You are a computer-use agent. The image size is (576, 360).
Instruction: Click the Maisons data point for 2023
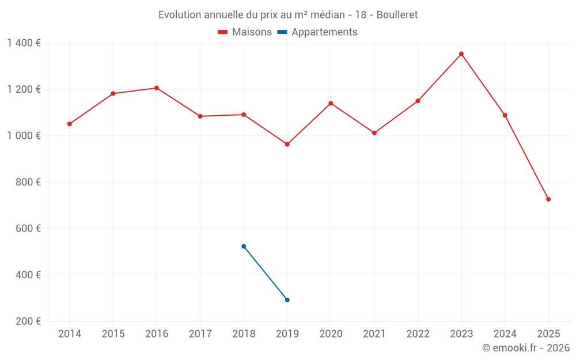tap(461, 54)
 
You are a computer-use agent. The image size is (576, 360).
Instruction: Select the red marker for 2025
tap(548, 199)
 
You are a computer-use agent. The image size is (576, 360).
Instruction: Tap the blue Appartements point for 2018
tap(244, 247)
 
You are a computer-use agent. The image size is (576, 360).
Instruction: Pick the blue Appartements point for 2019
tap(287, 300)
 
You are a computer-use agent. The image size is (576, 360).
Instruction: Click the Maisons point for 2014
tap(70, 124)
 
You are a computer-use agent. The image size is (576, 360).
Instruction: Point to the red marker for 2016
tap(157, 88)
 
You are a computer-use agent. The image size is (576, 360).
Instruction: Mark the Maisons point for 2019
tap(287, 144)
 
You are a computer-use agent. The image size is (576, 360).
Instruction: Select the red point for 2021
tap(374, 133)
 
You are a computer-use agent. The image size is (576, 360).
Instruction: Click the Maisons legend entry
tap(245, 32)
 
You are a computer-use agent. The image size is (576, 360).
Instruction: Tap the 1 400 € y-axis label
tap(24, 43)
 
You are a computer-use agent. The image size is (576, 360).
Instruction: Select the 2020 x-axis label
tap(331, 334)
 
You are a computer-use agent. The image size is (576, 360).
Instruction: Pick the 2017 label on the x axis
tap(200, 334)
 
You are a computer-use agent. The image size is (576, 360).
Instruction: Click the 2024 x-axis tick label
tap(505, 334)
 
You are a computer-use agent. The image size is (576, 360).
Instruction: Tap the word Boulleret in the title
tap(397, 14)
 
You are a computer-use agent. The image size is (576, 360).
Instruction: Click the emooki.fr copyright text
tap(525, 348)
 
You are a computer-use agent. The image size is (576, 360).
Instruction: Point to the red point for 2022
tap(418, 101)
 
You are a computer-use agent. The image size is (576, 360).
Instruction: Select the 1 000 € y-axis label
tap(24, 136)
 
